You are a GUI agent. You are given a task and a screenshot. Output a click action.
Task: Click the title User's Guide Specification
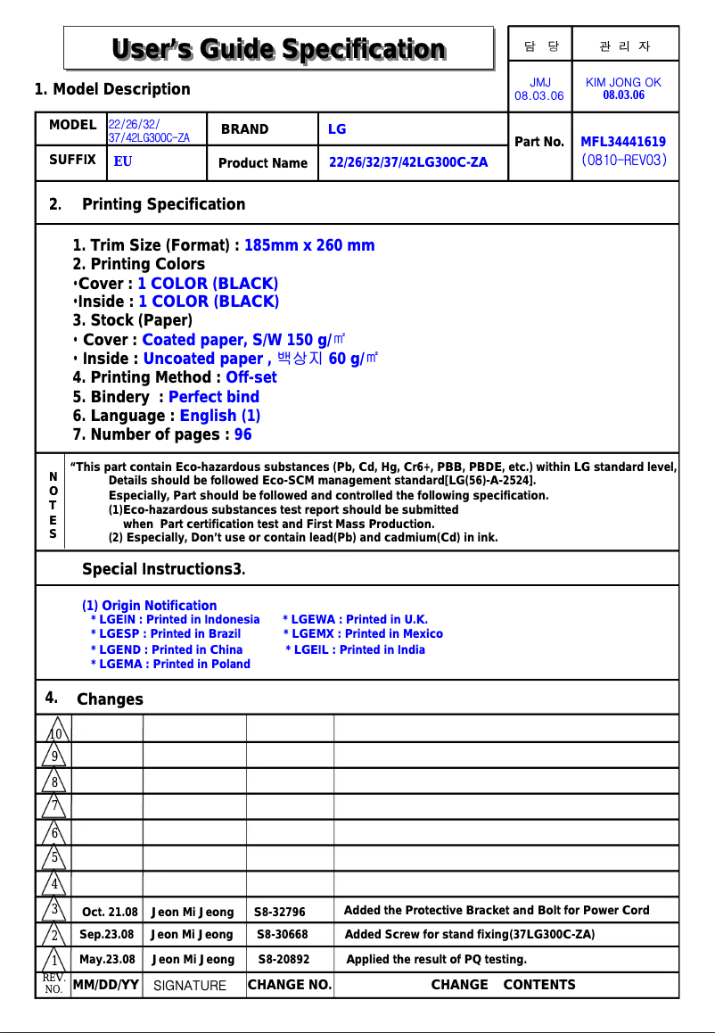point(278,48)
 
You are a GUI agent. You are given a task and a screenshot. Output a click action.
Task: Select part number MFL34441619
point(623,141)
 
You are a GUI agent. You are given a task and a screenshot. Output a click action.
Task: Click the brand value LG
point(337,129)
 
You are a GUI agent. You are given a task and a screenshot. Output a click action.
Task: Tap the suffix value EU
point(123,163)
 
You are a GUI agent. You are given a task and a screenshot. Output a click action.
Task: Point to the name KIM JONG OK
point(623,82)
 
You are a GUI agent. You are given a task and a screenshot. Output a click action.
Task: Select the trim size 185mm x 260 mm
point(309,245)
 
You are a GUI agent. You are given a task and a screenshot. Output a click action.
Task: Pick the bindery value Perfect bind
point(214,397)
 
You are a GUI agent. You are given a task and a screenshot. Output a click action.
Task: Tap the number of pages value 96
point(242,434)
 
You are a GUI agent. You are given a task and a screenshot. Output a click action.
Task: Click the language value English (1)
point(220,416)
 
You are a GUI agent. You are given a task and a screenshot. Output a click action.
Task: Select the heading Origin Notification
point(149,606)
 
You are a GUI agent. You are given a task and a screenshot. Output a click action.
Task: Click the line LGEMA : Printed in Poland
point(171,664)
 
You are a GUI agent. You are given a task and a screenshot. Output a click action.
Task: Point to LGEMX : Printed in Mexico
point(363,634)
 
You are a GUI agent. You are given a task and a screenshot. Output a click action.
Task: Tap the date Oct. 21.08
point(110,912)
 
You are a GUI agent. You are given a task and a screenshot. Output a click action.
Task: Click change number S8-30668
point(283,935)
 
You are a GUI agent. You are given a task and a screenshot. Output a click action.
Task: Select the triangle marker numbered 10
point(54,731)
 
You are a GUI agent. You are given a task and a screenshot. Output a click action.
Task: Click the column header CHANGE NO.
point(290,985)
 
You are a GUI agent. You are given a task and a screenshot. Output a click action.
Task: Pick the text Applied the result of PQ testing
point(436,960)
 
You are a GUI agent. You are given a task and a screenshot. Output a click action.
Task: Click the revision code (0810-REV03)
point(623,161)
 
